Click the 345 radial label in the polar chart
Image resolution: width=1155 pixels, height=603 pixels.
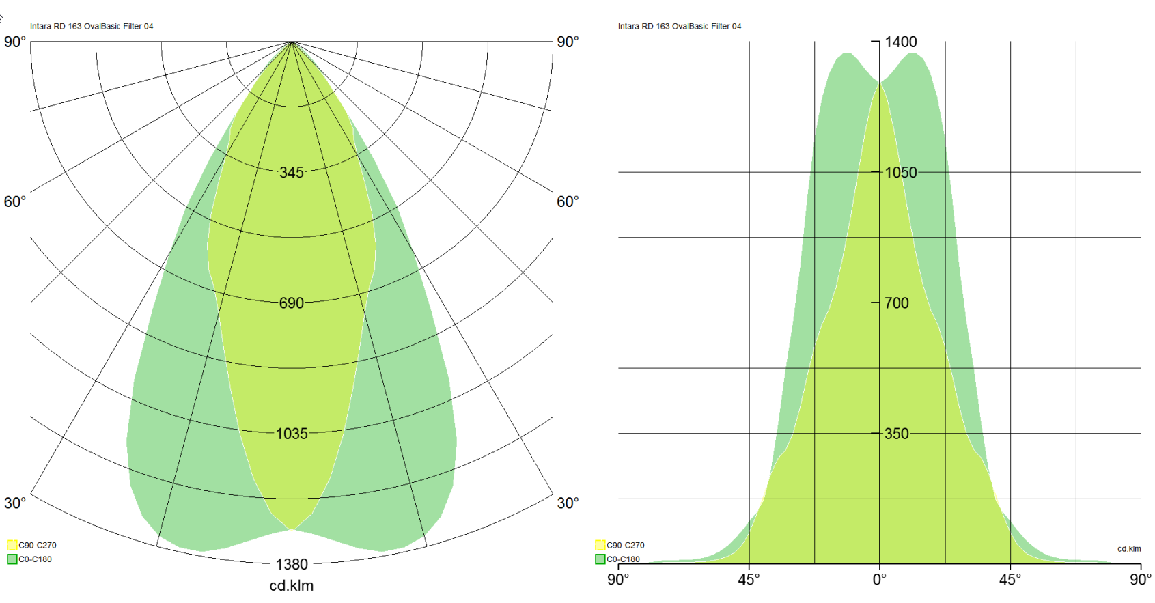tap(292, 173)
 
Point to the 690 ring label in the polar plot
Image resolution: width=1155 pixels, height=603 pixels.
tap(292, 303)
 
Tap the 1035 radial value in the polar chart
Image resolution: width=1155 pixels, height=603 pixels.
tap(292, 434)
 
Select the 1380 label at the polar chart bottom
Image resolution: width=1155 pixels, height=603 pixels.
tap(292, 565)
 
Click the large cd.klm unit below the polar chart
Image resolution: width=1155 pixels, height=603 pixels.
tap(292, 586)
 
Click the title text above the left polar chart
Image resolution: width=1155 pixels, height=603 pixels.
tap(92, 27)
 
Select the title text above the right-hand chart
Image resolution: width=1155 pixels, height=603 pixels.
tap(680, 27)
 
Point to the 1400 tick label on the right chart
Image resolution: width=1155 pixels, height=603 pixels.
tap(901, 42)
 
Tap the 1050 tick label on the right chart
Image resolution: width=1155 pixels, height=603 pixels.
tap(901, 173)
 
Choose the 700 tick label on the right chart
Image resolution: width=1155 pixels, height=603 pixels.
tap(897, 303)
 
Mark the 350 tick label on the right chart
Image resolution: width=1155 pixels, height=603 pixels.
tap(897, 434)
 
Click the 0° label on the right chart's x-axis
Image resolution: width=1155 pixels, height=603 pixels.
tap(880, 580)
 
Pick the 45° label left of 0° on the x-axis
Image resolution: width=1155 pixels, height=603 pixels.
tap(749, 580)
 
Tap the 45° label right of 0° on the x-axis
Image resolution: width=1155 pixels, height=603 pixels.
tap(1010, 580)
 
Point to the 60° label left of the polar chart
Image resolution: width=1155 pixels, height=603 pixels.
tap(15, 202)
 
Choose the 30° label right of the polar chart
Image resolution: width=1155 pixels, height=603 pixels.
tap(568, 503)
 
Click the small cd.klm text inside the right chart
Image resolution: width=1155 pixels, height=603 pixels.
tap(1129, 549)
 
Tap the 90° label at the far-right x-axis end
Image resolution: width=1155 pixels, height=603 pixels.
tap(1141, 580)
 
